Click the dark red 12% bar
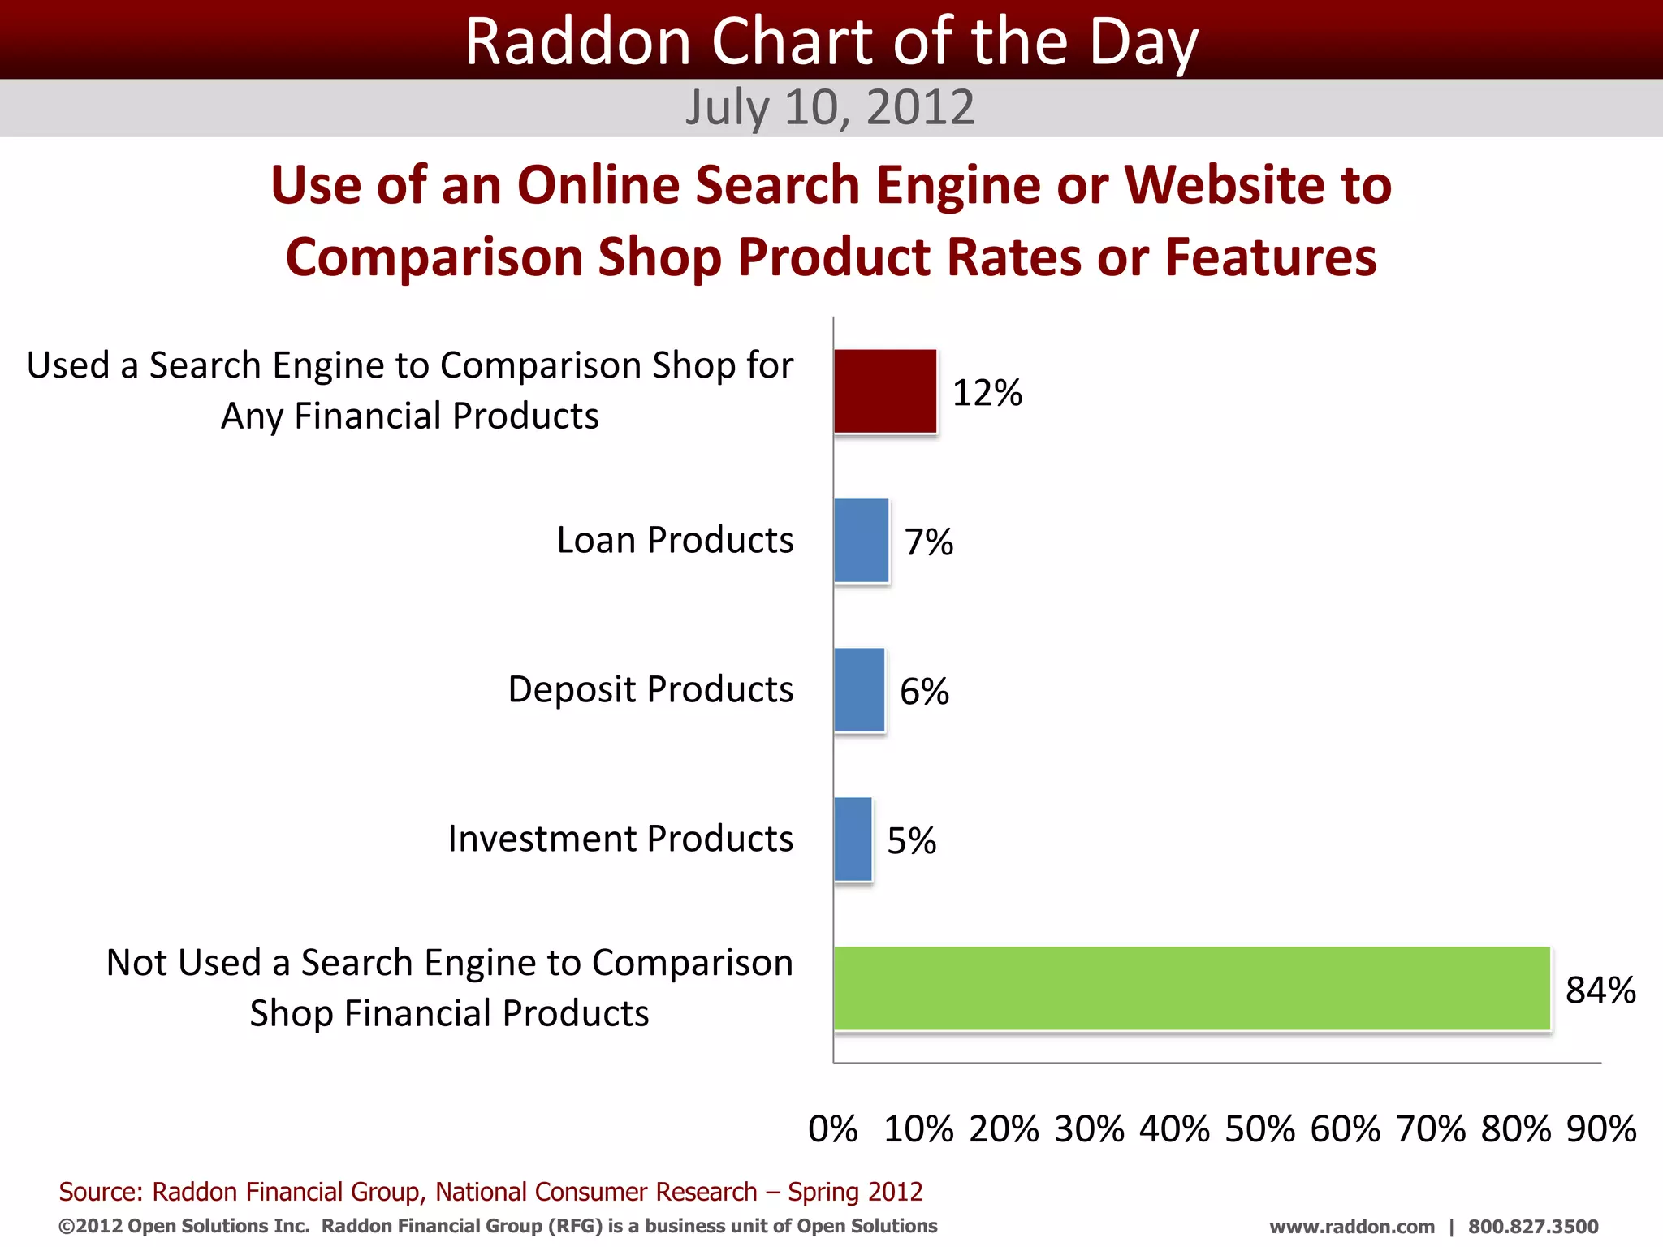click(885, 391)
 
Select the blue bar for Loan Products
click(862, 541)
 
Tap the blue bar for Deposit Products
click(859, 690)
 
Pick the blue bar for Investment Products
click(853, 839)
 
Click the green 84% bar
click(1192, 989)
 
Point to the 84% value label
click(1600, 990)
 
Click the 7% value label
click(929, 542)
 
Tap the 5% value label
click(911, 841)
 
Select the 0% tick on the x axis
click(833, 1129)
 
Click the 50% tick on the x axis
click(1260, 1129)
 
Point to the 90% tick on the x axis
click(1601, 1129)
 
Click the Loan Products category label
click(675, 540)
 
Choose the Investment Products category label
click(620, 839)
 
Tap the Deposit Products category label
click(650, 689)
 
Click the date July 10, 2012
click(830, 108)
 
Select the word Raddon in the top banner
click(577, 42)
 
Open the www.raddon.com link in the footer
click(1352, 1227)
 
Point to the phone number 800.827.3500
click(1533, 1227)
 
